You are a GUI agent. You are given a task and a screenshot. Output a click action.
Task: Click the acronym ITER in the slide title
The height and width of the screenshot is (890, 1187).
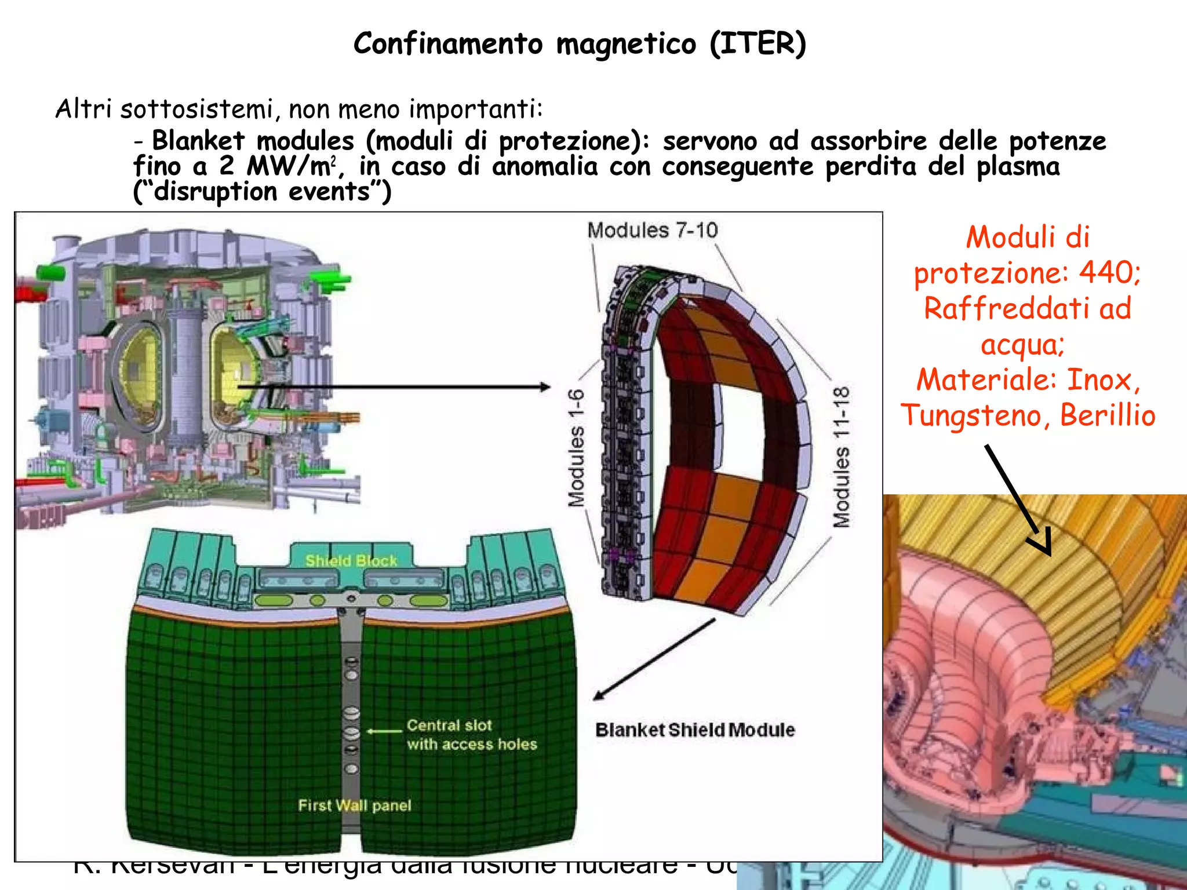pyautogui.click(x=758, y=43)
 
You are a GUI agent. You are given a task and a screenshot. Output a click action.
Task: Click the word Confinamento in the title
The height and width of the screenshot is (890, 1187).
pyautogui.click(x=448, y=43)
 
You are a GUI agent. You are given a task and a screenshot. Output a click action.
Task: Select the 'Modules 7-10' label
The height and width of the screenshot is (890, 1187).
pyautogui.click(x=652, y=231)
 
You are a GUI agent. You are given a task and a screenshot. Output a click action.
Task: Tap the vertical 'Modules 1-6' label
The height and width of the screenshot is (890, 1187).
pyautogui.click(x=576, y=448)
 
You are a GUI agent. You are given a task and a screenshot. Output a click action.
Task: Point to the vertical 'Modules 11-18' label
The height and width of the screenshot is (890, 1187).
pyautogui.click(x=842, y=457)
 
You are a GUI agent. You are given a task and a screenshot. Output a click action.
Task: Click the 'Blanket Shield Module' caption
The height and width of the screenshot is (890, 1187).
pyautogui.click(x=694, y=730)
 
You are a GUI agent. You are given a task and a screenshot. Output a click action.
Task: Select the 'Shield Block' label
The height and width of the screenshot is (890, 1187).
pyautogui.click(x=351, y=560)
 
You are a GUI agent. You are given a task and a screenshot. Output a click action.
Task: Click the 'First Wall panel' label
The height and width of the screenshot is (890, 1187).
pyautogui.click(x=354, y=805)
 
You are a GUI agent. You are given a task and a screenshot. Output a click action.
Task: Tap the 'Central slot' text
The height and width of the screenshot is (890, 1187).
pyautogui.click(x=449, y=725)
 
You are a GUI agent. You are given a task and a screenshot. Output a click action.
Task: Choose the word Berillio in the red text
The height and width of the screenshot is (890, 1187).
pyautogui.click(x=1108, y=415)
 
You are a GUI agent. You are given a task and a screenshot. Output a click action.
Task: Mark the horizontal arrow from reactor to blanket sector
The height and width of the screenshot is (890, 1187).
pyautogui.click(x=394, y=386)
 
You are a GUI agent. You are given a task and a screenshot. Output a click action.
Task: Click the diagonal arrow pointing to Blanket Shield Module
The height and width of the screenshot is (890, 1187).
pyautogui.click(x=654, y=660)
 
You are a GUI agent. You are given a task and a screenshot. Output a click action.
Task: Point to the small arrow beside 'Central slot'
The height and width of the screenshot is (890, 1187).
pyautogui.click(x=384, y=731)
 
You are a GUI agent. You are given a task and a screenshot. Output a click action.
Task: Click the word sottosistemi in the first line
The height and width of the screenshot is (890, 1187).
pyautogui.click(x=196, y=109)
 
